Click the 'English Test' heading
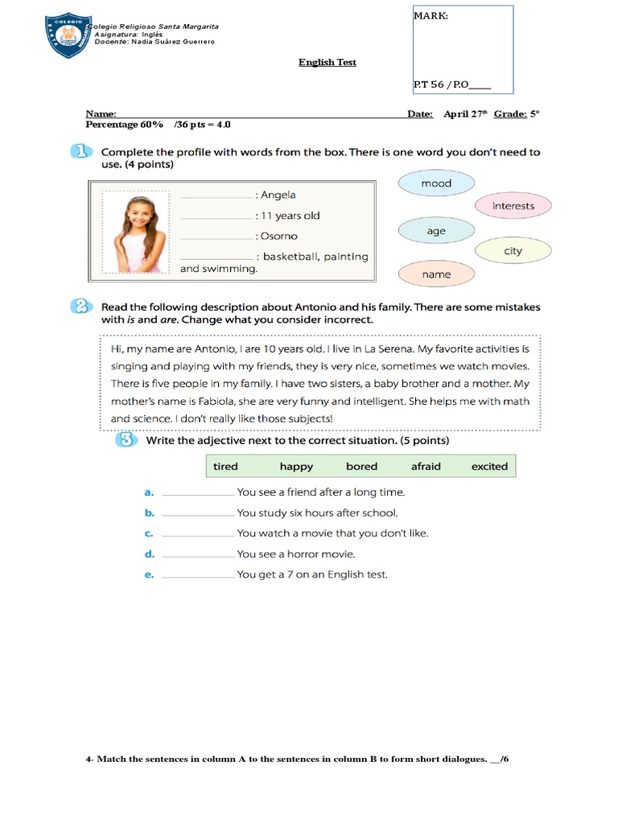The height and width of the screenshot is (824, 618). point(328,62)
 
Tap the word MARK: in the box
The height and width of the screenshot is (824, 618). point(431,15)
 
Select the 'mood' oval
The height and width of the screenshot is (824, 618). point(436,183)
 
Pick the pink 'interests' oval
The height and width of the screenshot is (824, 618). point(513,206)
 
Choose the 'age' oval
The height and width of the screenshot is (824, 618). point(436,231)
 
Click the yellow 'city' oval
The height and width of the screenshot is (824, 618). point(513,251)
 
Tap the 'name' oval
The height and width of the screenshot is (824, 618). point(436,274)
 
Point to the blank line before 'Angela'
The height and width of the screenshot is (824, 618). point(216,196)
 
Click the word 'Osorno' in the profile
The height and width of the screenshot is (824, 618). point(278,236)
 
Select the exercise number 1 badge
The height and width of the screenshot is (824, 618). point(80,151)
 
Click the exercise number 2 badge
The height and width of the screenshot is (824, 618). point(80,307)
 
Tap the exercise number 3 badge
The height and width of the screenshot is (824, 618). point(125,440)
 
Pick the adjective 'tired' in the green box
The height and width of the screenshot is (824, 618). point(225,466)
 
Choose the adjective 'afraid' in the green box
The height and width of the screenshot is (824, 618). point(426,466)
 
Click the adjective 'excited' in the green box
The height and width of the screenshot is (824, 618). point(489,466)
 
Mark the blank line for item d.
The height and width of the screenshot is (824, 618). point(197,554)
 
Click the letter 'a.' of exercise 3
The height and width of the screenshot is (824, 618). point(149,492)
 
